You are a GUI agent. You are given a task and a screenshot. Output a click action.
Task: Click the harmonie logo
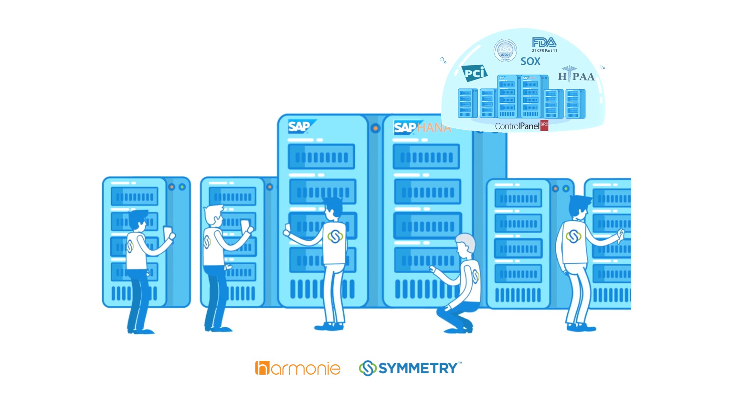297,368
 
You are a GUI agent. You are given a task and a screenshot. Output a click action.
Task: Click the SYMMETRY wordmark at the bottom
418,368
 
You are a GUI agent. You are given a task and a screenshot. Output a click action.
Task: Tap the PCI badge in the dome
474,73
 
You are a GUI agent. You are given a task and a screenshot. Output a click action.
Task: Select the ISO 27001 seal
505,50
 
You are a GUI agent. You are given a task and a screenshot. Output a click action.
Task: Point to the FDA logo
544,43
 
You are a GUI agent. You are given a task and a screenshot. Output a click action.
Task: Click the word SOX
530,61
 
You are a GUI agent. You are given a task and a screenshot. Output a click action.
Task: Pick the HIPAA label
576,76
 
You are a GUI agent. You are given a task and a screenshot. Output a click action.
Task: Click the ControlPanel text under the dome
517,126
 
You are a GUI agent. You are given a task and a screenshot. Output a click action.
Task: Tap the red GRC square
544,125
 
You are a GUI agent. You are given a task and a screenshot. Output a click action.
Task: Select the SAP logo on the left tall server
299,126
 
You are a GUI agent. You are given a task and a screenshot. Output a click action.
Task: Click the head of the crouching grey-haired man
465,243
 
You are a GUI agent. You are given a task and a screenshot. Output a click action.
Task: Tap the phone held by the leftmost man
168,232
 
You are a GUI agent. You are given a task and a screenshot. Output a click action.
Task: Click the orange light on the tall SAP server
375,128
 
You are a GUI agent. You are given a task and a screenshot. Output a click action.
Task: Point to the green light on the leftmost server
182,187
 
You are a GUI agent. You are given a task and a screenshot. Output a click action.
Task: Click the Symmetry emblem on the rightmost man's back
573,236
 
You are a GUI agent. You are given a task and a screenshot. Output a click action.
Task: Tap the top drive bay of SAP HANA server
426,157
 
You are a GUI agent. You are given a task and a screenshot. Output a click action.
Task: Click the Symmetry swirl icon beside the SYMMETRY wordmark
368,368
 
